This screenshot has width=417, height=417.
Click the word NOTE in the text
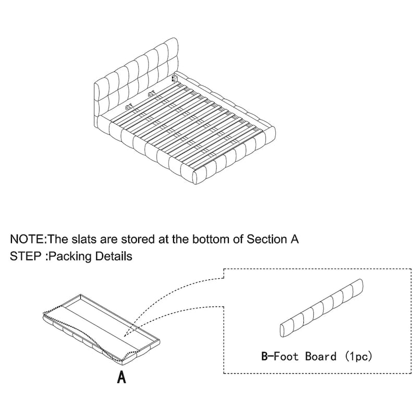[x=27, y=239]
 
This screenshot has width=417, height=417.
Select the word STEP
[x=25, y=256]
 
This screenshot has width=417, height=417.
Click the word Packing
[x=71, y=256]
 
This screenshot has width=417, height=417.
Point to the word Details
[x=114, y=256]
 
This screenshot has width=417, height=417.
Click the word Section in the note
[x=266, y=239]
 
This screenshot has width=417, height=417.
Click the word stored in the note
[x=138, y=239]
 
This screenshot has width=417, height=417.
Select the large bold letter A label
[x=121, y=377]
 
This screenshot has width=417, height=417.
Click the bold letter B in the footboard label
[x=265, y=356]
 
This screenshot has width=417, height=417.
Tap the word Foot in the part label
[x=286, y=356]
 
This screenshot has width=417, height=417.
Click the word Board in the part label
[x=321, y=356]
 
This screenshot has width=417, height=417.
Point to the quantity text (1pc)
[x=358, y=356]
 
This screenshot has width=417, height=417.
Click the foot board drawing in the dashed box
[x=322, y=308]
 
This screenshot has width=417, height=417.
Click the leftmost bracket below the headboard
[x=129, y=107]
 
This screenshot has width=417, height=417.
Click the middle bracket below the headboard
[x=152, y=94]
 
